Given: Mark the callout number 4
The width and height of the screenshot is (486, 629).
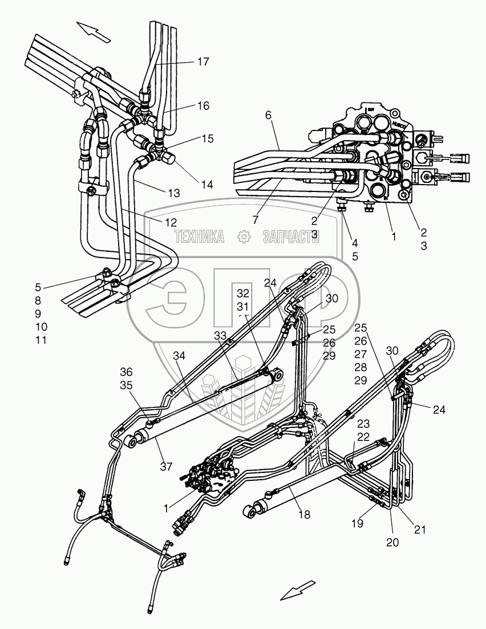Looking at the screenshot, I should [x=355, y=242].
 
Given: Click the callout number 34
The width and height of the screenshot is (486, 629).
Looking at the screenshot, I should [x=179, y=356].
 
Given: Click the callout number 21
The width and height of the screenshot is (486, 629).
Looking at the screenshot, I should [x=420, y=530].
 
